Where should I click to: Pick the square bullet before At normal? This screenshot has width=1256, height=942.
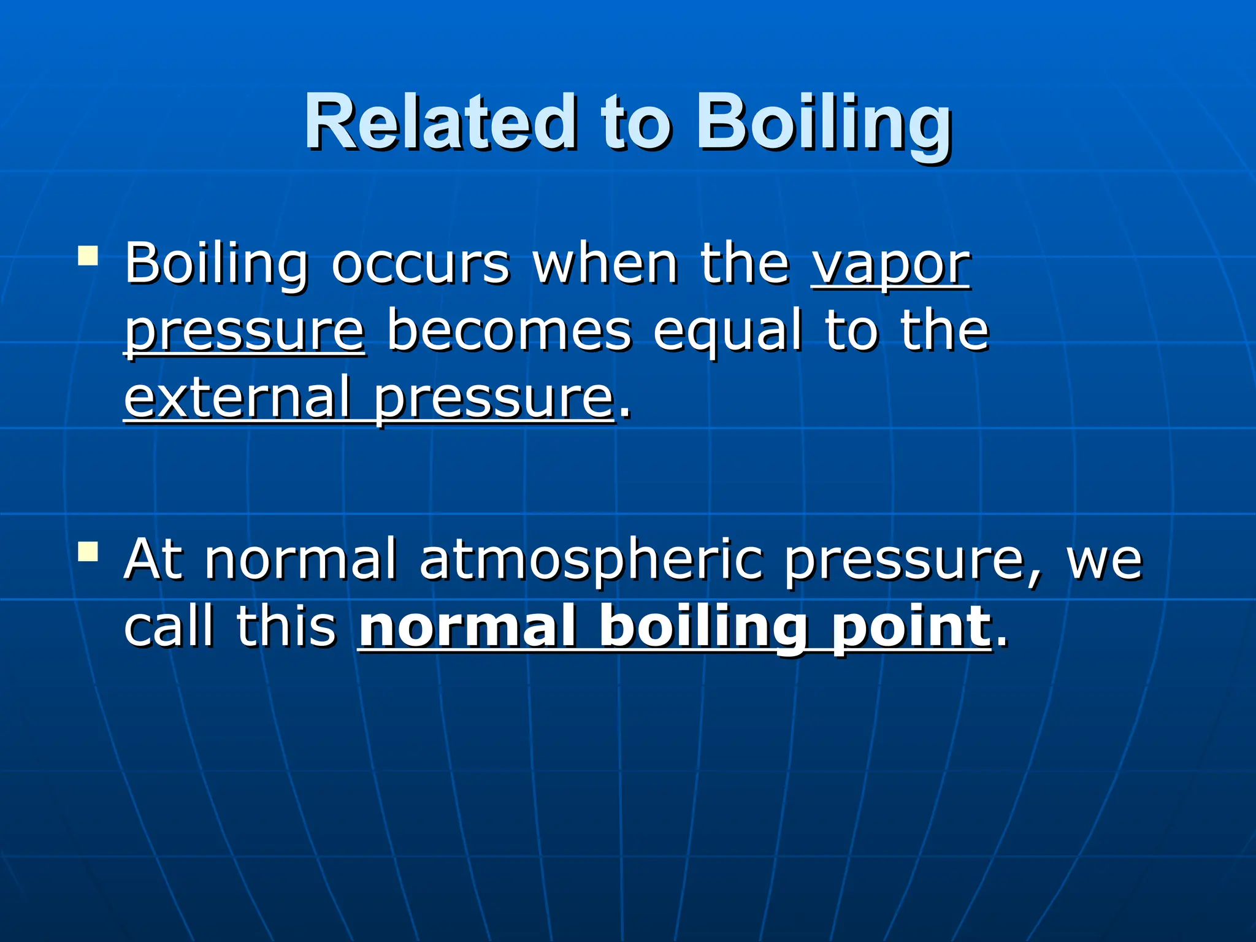pyautogui.click(x=88, y=551)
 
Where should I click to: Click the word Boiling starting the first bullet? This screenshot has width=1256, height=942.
pyautogui.click(x=216, y=265)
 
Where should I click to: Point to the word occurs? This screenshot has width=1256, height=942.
pyautogui.click(x=420, y=265)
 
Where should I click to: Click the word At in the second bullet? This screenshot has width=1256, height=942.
pyautogui.click(x=153, y=559)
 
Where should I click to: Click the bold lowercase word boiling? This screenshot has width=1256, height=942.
pyautogui.click(x=703, y=627)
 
